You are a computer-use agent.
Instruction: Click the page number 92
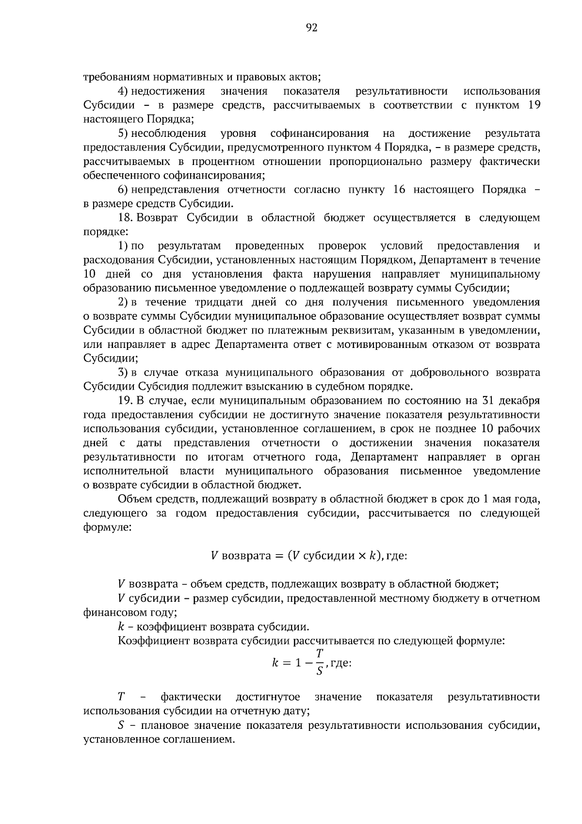pyautogui.click(x=311, y=28)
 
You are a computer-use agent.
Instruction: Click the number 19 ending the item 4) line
pyautogui.click(x=533, y=105)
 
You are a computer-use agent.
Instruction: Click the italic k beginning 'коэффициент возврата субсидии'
pyautogui.click(x=121, y=626)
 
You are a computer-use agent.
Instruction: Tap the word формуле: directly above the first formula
pyautogui.click(x=107, y=527)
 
